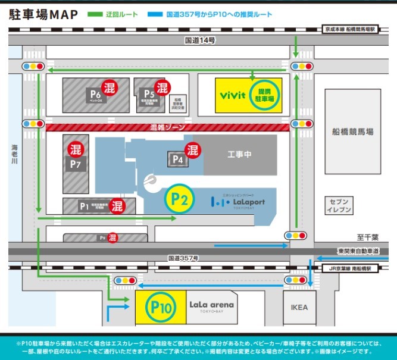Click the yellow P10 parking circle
pyautogui.click(x=161, y=307)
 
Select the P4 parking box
pyautogui.click(x=177, y=159)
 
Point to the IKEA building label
pyautogui.click(x=299, y=307)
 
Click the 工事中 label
pyautogui.click(x=240, y=155)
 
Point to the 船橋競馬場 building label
pyautogui.click(x=353, y=132)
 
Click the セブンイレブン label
pyautogui.click(x=339, y=205)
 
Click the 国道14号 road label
pyautogui.click(x=199, y=40)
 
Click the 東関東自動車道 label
pyautogui.click(x=357, y=251)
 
